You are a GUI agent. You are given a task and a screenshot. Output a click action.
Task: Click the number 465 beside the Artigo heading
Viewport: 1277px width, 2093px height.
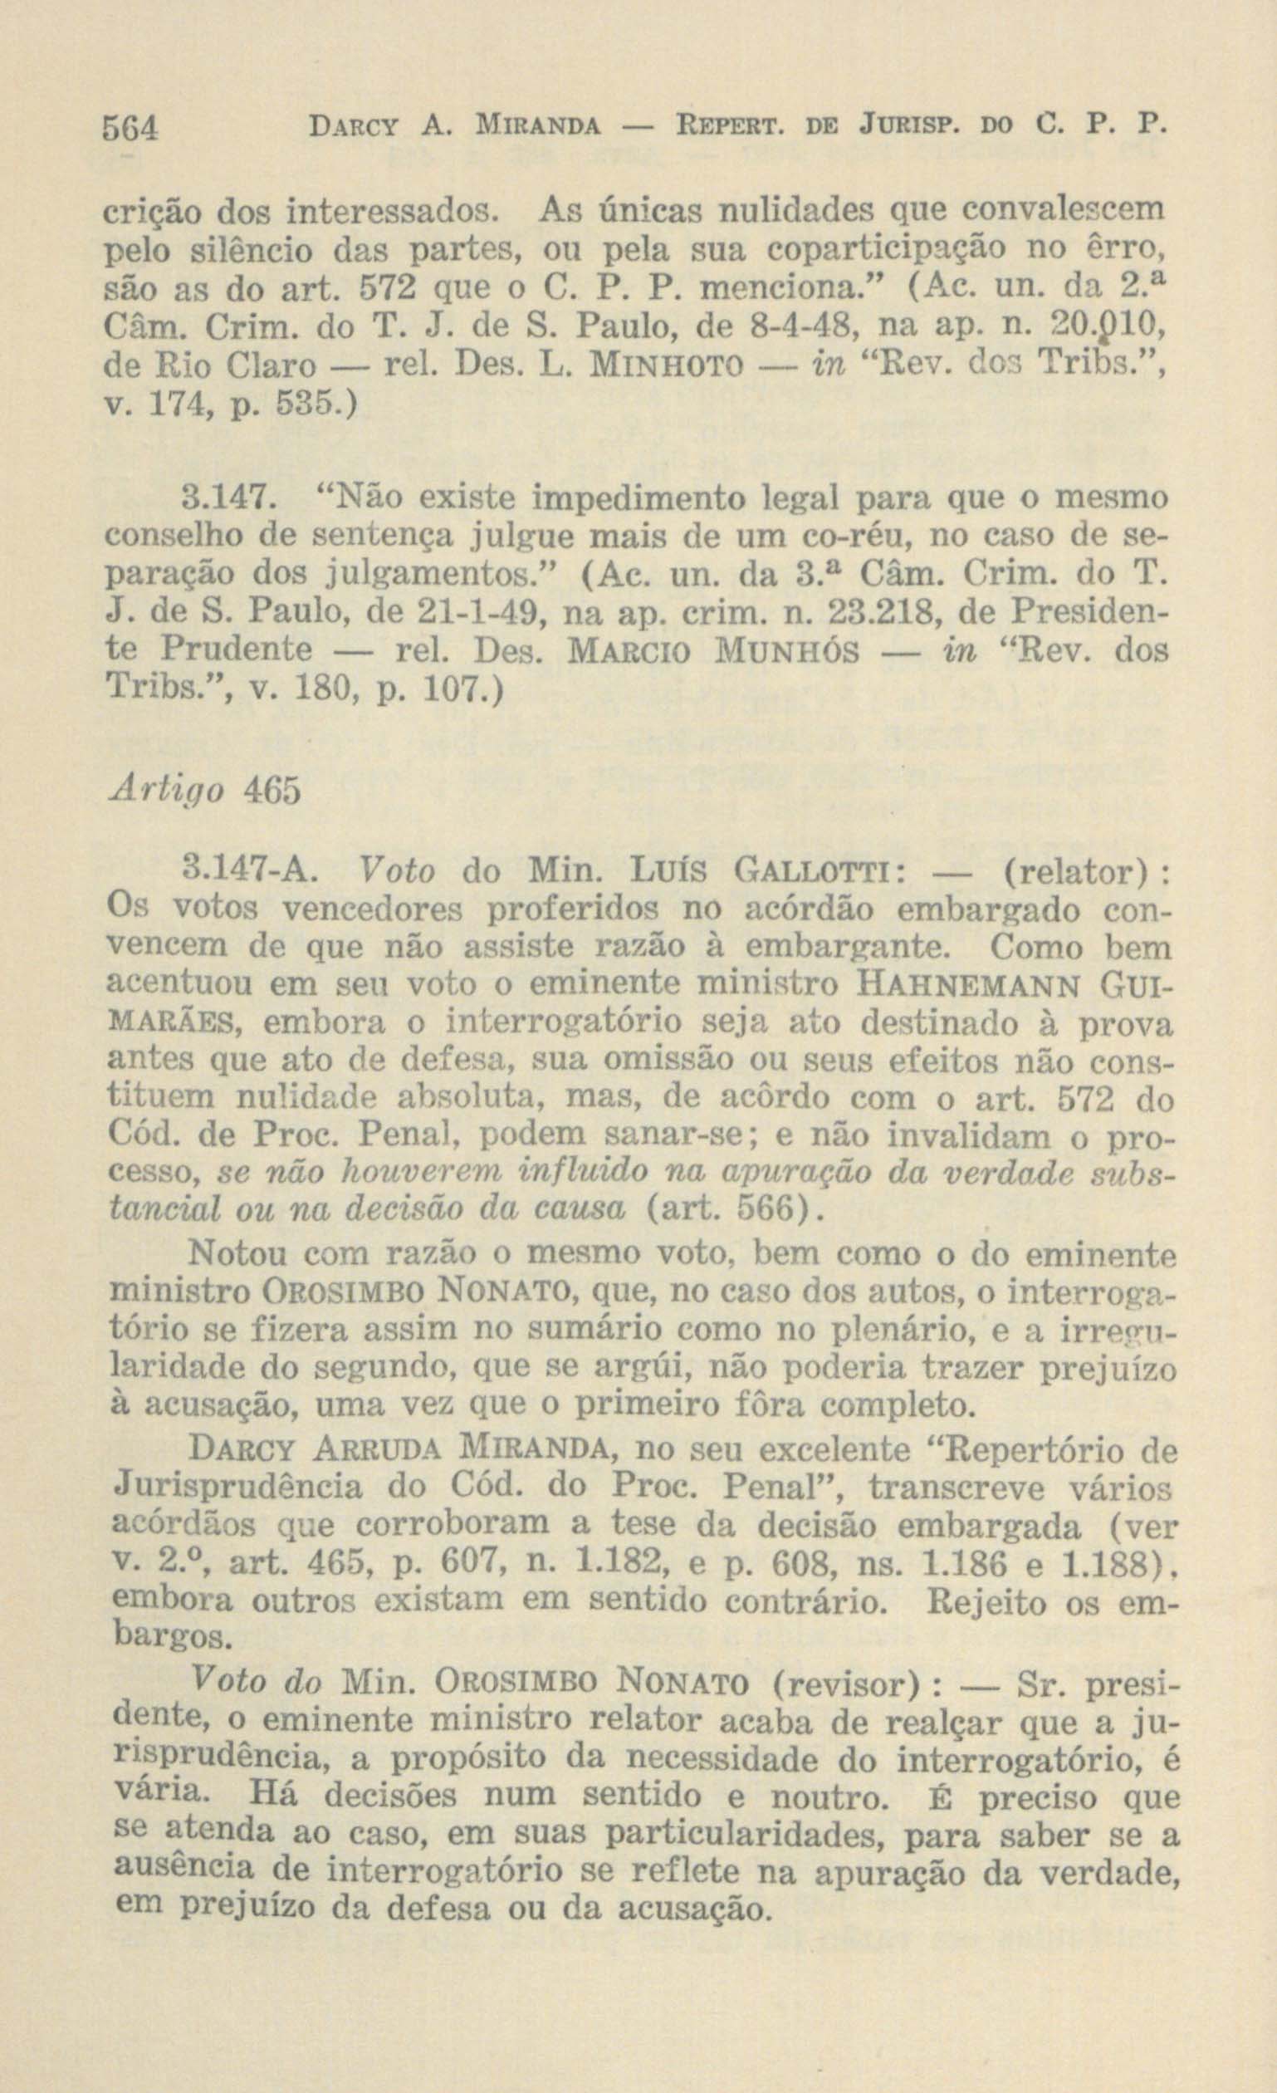coord(272,790)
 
